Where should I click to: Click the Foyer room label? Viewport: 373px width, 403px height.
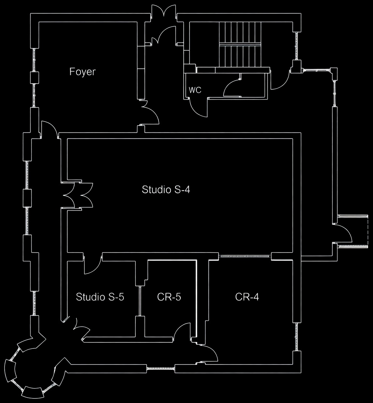(x=83, y=72)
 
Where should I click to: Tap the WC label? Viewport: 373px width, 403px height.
(x=195, y=90)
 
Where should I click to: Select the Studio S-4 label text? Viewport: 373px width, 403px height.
(x=166, y=190)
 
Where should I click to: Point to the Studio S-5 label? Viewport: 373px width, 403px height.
(x=100, y=297)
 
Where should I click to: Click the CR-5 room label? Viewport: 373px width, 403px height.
(x=169, y=297)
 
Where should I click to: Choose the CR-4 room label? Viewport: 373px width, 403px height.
(x=247, y=297)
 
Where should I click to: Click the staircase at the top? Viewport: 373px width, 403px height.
(x=240, y=44)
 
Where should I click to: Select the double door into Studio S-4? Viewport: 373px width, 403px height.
(x=78, y=195)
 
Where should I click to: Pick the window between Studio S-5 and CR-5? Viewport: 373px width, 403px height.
(x=140, y=301)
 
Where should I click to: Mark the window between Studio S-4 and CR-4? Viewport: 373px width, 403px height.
(x=245, y=256)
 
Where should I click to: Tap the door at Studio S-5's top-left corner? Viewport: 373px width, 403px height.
(x=92, y=265)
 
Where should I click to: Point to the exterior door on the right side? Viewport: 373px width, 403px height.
(x=343, y=234)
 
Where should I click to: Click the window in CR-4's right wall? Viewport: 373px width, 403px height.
(x=297, y=337)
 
